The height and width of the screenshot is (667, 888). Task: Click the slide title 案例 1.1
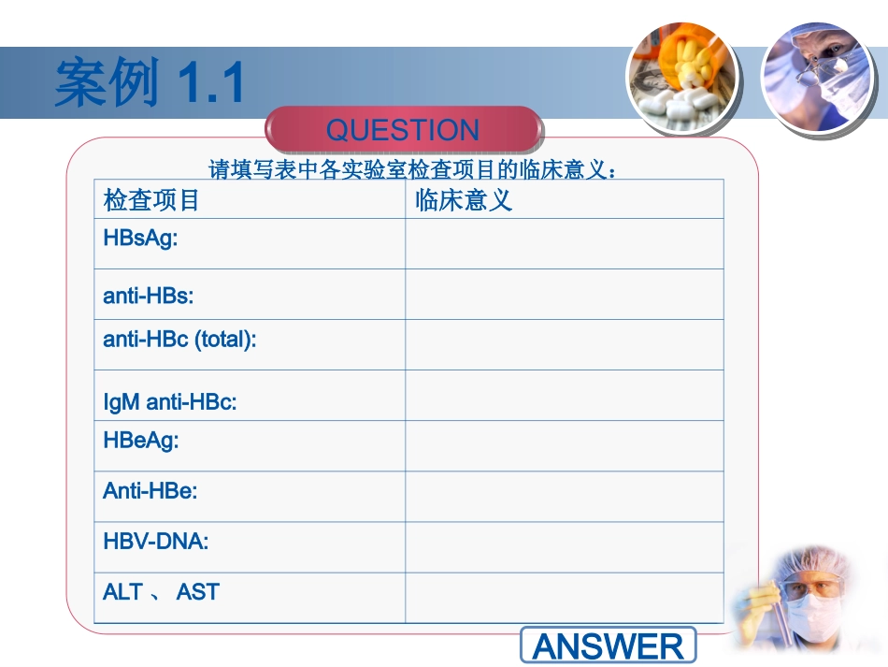point(150,82)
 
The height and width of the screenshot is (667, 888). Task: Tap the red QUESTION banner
point(403,130)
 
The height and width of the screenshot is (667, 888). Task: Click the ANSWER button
point(608,645)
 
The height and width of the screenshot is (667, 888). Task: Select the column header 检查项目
point(151,200)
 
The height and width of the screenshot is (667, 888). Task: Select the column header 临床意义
point(464,200)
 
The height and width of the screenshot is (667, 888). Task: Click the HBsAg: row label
point(141,238)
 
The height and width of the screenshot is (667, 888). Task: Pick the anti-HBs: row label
point(149,296)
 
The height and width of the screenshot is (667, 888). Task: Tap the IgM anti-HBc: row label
point(170,402)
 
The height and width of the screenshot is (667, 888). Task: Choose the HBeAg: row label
point(141,440)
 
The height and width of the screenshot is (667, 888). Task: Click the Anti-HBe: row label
point(150,490)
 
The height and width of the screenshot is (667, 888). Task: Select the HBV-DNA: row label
point(156,541)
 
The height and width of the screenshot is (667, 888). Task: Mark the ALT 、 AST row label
point(161,591)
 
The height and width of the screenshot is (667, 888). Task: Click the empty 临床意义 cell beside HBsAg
point(565,244)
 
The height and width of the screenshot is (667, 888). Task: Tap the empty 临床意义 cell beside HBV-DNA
point(565,547)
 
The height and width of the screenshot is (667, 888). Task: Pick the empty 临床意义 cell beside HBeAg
point(565,446)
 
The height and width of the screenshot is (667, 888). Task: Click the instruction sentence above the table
point(411,170)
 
